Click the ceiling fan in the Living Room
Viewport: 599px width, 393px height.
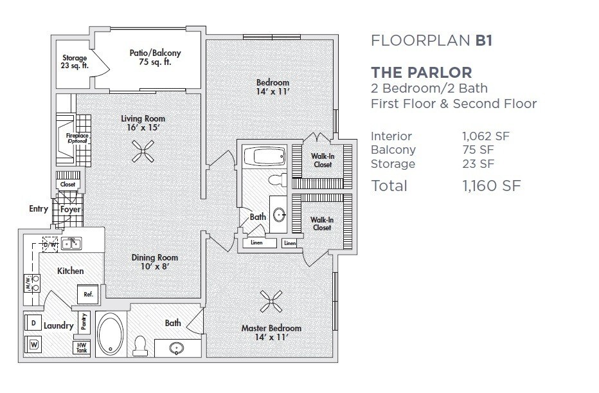click(x=143, y=151)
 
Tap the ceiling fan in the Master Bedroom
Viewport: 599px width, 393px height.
click(x=271, y=301)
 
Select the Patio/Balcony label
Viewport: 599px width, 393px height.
click(x=155, y=57)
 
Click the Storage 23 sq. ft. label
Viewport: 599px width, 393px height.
click(x=75, y=62)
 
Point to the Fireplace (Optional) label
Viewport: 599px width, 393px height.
click(x=76, y=138)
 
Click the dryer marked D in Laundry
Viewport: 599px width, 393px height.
click(x=33, y=323)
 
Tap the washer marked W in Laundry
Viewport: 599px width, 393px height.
click(x=33, y=345)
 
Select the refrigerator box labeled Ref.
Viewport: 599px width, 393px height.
click(x=88, y=295)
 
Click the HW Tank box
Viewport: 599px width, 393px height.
click(x=82, y=347)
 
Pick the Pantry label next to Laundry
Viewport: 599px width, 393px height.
click(x=84, y=322)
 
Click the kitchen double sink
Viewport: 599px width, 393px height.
click(x=71, y=243)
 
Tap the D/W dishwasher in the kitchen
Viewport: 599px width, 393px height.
click(x=49, y=244)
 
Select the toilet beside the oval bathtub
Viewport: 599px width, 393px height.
click(x=141, y=345)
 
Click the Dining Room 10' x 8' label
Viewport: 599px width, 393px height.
click(x=155, y=262)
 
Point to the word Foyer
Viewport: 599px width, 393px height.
click(x=71, y=210)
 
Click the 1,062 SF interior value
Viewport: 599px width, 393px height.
click(x=485, y=136)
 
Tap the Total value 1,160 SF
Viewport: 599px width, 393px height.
click(x=491, y=186)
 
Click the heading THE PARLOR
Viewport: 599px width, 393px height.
click(x=422, y=72)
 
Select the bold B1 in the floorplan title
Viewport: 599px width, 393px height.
click(x=483, y=40)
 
